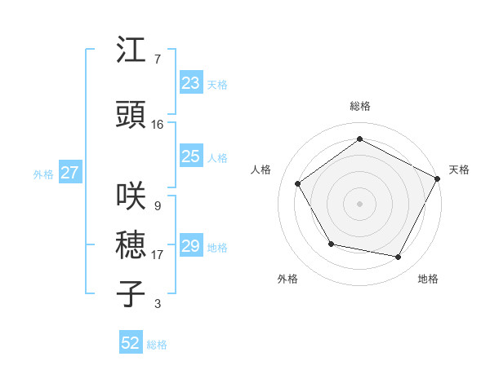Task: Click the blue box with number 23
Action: [190, 82]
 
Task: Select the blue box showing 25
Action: [190, 156]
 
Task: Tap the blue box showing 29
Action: [190, 246]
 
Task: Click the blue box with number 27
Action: [69, 173]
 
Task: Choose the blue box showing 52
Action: [131, 343]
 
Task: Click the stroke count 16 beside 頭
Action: [157, 125]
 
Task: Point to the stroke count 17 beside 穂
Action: [157, 255]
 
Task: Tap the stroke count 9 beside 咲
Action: [157, 205]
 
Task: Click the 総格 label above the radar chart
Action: [359, 106]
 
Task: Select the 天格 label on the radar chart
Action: [459, 169]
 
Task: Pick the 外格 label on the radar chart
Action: [287, 279]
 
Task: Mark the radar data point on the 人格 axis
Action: [298, 184]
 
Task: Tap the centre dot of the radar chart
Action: [359, 203]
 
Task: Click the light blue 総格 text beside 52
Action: [157, 345]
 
